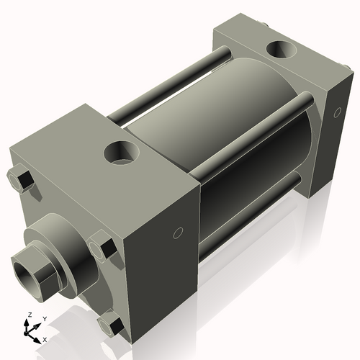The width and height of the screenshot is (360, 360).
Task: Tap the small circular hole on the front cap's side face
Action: click(179, 233)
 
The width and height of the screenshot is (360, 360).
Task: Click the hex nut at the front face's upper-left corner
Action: click(22, 179)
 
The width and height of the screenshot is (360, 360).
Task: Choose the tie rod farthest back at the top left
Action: click(173, 83)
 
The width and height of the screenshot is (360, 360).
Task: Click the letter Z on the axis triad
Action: click(27, 315)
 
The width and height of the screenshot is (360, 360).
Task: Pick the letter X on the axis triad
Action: click(45, 338)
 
